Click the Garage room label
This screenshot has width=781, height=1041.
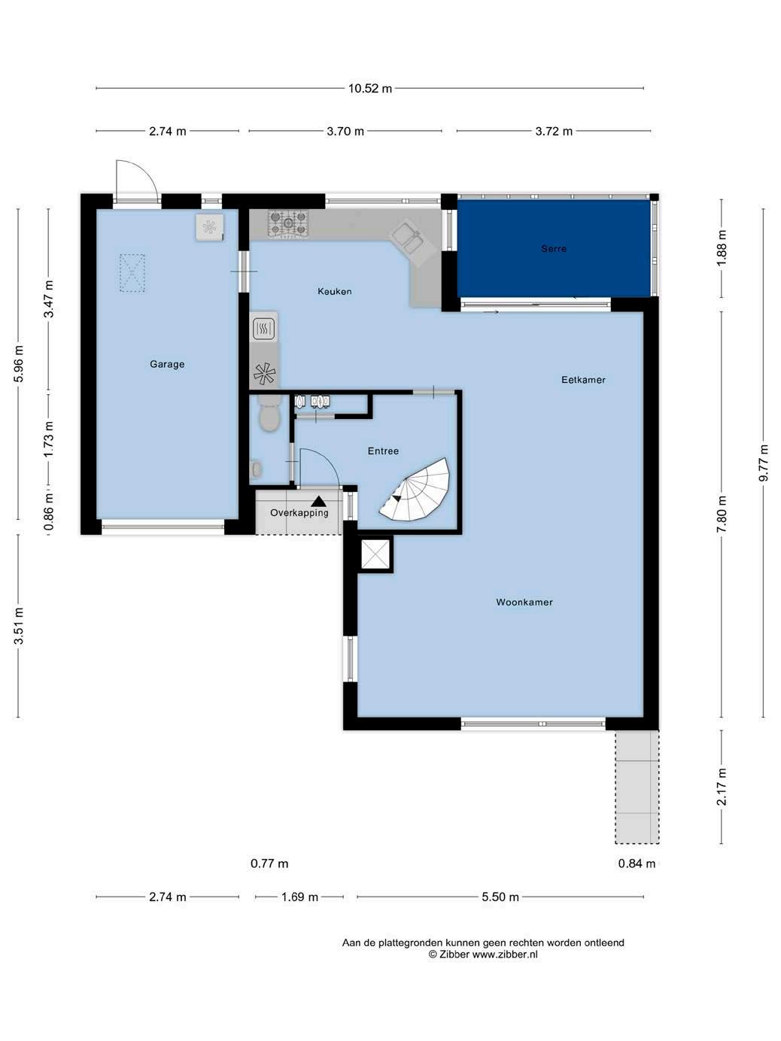click(x=167, y=364)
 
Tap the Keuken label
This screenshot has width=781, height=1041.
click(x=334, y=291)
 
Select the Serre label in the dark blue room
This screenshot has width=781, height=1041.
click(x=553, y=248)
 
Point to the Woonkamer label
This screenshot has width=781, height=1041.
click(x=524, y=602)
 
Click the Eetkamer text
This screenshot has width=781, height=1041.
click(x=583, y=379)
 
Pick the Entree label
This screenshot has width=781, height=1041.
click(x=383, y=451)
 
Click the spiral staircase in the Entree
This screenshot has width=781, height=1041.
click(x=415, y=490)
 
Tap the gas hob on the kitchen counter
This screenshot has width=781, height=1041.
click(x=288, y=223)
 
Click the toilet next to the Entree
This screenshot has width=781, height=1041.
click(x=269, y=413)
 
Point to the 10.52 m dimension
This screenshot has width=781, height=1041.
click(x=370, y=88)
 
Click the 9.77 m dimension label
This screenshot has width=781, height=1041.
click(x=763, y=463)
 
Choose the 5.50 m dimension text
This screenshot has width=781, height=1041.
click(x=500, y=897)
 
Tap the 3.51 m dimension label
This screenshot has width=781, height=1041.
click(x=19, y=626)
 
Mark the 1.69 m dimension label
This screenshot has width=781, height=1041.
click(x=299, y=897)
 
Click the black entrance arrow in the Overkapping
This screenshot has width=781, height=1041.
click(x=319, y=501)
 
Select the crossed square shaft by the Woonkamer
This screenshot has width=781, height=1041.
click(x=375, y=554)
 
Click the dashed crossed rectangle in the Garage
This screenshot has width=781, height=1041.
click(x=132, y=273)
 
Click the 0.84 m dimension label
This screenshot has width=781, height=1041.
click(x=637, y=863)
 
